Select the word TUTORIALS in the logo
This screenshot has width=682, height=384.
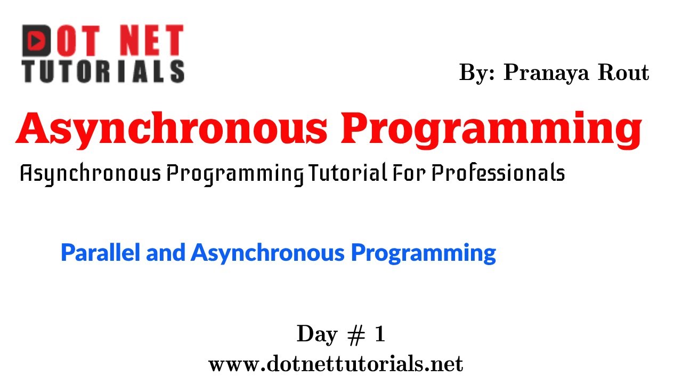(103, 71)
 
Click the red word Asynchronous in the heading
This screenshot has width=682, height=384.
(170, 130)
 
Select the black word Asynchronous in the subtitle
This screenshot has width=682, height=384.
(90, 173)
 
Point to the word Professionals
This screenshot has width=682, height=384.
(498, 173)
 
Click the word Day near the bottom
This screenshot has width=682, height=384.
(317, 335)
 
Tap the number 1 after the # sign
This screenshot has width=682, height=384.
(379, 334)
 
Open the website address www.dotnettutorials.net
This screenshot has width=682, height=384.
(336, 364)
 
